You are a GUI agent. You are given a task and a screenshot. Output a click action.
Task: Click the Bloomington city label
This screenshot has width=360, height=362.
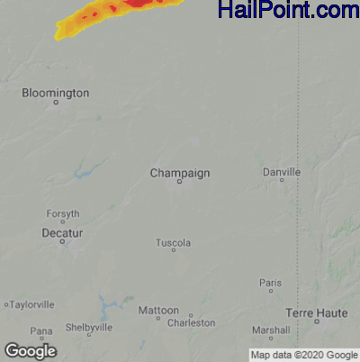click(56, 92)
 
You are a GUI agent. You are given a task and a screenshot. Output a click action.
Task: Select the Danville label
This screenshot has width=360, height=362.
click(282, 171)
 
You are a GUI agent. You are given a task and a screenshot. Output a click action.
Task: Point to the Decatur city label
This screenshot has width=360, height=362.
click(62, 232)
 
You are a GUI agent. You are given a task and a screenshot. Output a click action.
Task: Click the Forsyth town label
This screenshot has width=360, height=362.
click(63, 213)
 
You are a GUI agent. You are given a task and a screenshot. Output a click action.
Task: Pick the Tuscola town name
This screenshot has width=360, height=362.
click(174, 242)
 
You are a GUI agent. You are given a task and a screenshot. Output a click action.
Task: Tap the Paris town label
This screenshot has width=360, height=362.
click(270, 282)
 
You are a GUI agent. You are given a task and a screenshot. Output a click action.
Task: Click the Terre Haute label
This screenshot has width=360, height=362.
click(316, 312)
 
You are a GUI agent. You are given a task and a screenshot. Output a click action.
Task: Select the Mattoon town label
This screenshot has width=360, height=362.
click(158, 310)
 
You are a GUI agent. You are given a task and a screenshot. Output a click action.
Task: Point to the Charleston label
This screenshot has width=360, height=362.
click(192, 322)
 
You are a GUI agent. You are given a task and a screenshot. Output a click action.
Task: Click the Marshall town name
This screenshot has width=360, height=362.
click(271, 330)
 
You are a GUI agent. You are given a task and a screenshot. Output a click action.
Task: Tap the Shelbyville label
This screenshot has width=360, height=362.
click(88, 328)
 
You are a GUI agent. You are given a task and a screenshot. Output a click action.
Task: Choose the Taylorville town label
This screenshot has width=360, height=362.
click(32, 304)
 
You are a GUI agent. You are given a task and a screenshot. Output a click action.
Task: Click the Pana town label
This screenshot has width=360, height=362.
click(40, 330)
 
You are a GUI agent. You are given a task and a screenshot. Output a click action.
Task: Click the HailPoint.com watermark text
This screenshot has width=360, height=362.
click(287, 11)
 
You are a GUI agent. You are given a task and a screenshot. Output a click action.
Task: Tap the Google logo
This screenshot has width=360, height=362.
click(30, 350)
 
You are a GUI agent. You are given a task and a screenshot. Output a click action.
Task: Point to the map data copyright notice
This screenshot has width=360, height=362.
click(303, 354)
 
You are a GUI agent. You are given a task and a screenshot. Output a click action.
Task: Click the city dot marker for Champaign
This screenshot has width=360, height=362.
click(179, 181)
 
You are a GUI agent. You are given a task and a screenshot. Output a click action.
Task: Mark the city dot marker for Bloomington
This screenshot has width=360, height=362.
click(56, 103)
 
